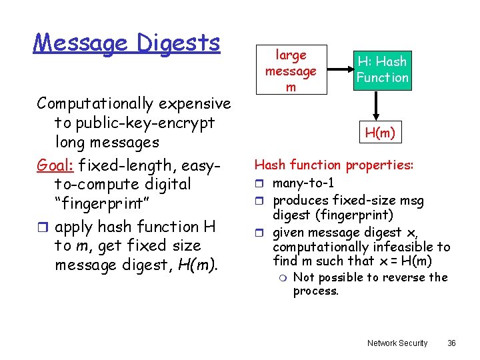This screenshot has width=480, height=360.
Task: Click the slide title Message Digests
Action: tap(127, 43)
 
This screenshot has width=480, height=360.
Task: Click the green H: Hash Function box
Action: tap(382, 70)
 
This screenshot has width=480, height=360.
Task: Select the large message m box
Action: tap(291, 71)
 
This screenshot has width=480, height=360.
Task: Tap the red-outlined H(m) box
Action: tap(380, 133)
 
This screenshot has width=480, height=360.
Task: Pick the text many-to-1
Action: tap(304, 183)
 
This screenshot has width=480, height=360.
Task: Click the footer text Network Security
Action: tap(397, 343)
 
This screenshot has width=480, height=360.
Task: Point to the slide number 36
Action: tap(451, 343)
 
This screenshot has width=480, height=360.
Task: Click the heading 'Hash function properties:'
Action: tap(334, 165)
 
